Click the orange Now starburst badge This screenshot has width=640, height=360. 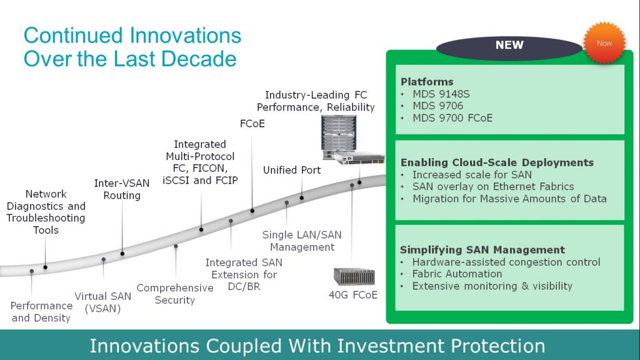604,43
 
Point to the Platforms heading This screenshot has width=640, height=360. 427,82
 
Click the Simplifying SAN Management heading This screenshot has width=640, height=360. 482,250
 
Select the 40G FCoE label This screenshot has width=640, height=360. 353,295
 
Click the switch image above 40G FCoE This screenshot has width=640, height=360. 354,277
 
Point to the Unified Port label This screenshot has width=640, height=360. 292,170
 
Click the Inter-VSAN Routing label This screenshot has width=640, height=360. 122,189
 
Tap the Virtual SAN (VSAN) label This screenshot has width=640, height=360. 103,302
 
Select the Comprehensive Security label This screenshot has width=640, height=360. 175,294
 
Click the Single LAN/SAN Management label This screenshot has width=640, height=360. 302,241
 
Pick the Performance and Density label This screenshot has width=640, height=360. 41,312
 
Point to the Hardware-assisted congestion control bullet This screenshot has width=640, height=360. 506,262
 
